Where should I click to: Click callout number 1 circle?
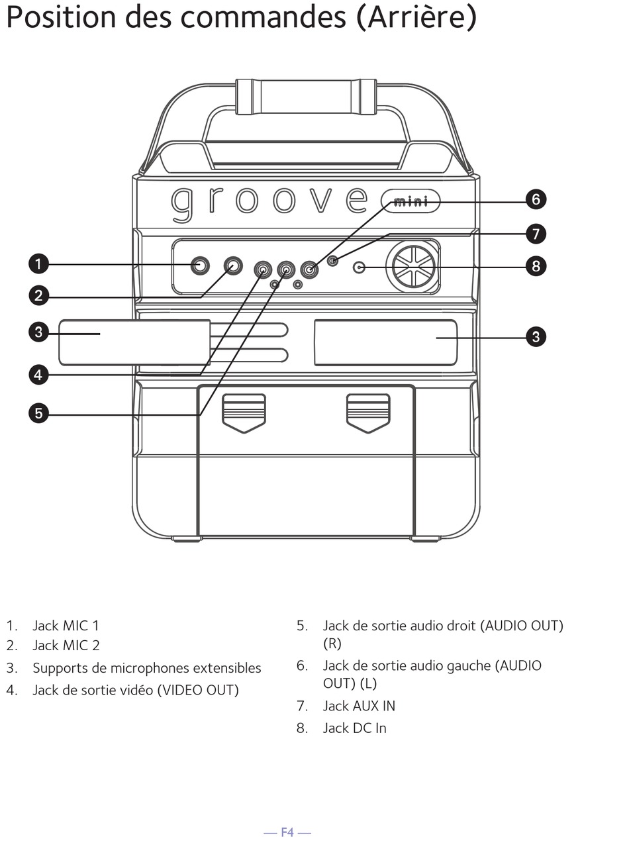coord(38,264)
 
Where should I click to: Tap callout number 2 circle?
coord(38,295)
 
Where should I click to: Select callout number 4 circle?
coord(38,375)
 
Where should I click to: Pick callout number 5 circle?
coord(38,414)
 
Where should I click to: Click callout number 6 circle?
coord(536,199)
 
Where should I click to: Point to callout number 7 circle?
coord(536,234)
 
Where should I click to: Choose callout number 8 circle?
coord(536,266)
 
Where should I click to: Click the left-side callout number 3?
coord(38,332)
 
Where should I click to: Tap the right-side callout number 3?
coord(536,336)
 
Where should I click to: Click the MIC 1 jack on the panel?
coord(199,266)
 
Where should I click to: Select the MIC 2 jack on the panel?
coord(232,266)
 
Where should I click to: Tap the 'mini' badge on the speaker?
coord(411,201)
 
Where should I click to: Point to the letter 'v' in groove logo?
coord(321,200)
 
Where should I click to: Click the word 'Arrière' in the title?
coord(416,18)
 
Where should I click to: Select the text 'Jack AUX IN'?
coord(358,706)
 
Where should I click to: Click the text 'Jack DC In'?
coord(354,728)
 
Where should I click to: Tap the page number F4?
coord(287,832)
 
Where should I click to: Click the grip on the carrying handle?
coord(306,97)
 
